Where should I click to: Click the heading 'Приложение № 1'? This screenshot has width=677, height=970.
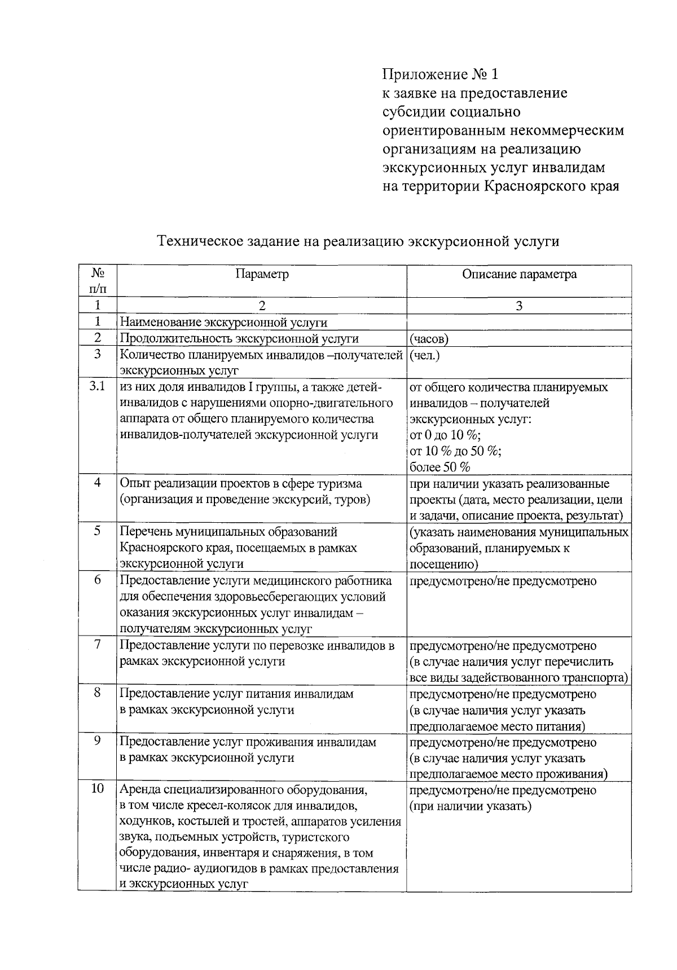[x=441, y=74]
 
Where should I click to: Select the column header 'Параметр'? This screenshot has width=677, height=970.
[x=262, y=274]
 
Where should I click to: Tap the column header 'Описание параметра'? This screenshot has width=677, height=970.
[x=519, y=274]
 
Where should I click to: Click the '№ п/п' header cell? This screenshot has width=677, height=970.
[x=97, y=280]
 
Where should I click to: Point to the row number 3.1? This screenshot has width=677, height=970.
[x=97, y=387]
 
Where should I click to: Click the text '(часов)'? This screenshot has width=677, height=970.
[x=429, y=339]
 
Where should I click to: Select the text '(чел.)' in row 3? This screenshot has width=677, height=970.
[x=425, y=355]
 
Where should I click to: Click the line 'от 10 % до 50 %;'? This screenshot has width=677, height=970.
[x=456, y=451]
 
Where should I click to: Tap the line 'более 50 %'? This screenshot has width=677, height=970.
[x=439, y=467]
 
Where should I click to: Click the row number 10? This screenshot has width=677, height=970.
[x=97, y=789]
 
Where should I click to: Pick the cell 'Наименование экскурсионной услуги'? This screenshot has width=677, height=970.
[x=223, y=323]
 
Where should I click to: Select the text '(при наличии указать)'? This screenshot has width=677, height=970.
[x=470, y=806]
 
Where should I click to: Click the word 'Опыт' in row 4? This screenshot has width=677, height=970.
[x=133, y=484]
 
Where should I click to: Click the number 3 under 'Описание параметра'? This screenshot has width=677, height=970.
[x=519, y=306]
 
